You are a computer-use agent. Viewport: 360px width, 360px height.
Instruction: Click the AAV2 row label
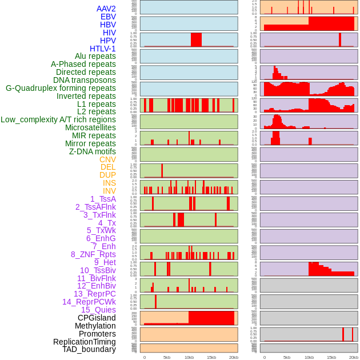tap(106, 9)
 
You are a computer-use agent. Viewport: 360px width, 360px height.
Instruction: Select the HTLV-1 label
tap(102, 49)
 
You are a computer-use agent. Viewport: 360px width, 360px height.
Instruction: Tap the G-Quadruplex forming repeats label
tap(61, 88)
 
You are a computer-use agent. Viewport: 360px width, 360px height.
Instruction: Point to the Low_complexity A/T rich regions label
tap(58, 119)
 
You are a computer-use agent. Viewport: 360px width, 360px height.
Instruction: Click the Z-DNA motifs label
tap(92, 151)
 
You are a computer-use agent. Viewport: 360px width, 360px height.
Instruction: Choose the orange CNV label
tap(107, 159)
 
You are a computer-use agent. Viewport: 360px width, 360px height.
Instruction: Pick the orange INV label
tap(109, 191)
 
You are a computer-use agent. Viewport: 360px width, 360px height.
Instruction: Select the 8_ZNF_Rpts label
tap(93, 254)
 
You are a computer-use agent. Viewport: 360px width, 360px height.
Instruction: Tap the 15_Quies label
tap(98, 310)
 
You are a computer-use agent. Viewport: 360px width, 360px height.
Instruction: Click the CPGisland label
tap(97, 318)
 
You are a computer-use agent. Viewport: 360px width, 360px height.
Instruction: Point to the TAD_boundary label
tap(89, 349)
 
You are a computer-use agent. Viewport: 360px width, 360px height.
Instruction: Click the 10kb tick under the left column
tap(189, 357)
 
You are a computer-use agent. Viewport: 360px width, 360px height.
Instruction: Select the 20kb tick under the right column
tap(354, 357)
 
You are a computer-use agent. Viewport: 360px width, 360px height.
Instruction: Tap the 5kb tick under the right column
tap(286, 357)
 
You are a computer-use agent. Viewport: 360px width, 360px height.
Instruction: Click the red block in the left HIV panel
tap(196, 39)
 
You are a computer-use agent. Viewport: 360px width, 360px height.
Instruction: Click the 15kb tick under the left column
tap(211, 357)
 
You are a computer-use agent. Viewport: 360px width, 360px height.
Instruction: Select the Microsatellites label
tap(90, 127)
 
